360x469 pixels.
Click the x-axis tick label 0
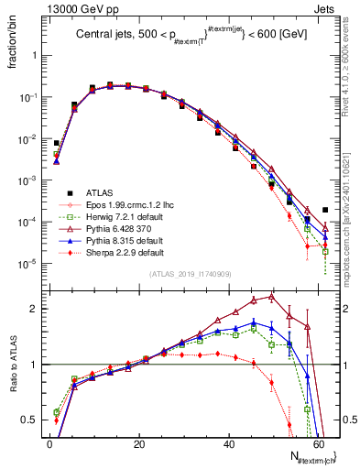(x=49, y=444)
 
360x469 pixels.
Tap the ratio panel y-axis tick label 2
(x=36, y=309)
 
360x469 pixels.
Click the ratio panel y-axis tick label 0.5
(x=32, y=420)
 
